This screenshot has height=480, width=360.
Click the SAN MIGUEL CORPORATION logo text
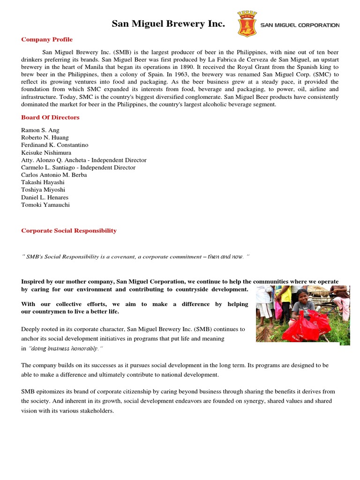pyautogui.click(x=300, y=25)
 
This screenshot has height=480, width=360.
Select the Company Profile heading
pyautogui.click(x=47, y=39)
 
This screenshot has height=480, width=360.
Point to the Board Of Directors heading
pyautogui.click(x=50, y=118)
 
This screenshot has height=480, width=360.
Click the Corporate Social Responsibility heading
pyautogui.click(x=69, y=231)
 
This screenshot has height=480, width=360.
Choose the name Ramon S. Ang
pyautogui.click(x=40, y=130)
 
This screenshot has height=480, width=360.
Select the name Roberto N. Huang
pyautogui.click(x=45, y=137)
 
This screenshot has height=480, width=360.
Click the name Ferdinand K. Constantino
pyautogui.click(x=54, y=145)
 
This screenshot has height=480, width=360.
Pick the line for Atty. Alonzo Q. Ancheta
pyautogui.click(x=84, y=160)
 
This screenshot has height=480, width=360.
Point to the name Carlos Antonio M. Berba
pyautogui.click(x=54, y=175)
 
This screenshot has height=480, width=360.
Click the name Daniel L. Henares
pyautogui.click(x=45, y=197)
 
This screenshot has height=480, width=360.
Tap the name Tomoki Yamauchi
pyautogui.click(x=45, y=205)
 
